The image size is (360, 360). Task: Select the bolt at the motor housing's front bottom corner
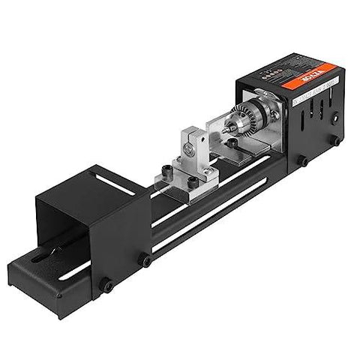click(303, 161)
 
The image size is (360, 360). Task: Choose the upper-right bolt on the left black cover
click(145, 260)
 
